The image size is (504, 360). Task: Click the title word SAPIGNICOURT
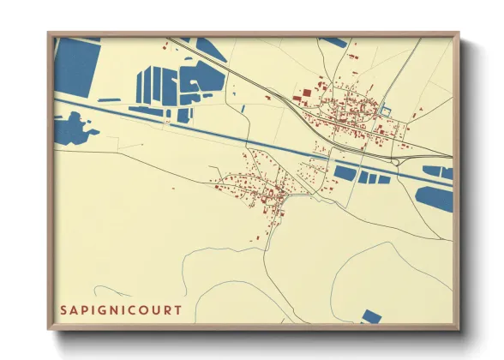click(121, 310)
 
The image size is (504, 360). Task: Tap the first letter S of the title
click(63, 310)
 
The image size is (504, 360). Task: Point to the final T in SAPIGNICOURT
click(178, 310)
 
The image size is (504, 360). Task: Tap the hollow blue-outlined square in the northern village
click(384, 111)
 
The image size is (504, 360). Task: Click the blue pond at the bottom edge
click(370, 317)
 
